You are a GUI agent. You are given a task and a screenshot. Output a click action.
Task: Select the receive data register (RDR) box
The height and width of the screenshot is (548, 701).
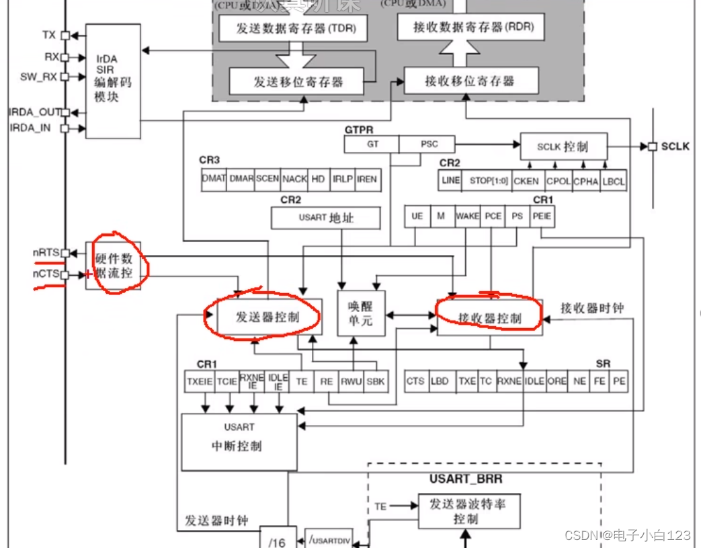pyautogui.click(x=470, y=28)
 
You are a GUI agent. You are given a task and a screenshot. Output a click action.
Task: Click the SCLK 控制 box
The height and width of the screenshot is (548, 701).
pyautogui.click(x=563, y=147)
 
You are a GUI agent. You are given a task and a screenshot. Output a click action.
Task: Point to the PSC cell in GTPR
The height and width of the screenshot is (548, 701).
pyautogui.click(x=427, y=143)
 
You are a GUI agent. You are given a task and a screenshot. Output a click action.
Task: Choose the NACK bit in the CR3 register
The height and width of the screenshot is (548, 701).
pyautogui.click(x=294, y=179)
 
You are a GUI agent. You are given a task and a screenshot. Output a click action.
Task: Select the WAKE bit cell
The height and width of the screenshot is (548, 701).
pyautogui.click(x=467, y=216)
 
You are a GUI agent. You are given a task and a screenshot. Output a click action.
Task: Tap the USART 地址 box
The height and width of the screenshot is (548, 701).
pyautogui.click(x=325, y=217)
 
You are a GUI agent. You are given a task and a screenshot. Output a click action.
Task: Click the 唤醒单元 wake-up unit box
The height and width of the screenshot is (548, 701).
pyautogui.click(x=360, y=312)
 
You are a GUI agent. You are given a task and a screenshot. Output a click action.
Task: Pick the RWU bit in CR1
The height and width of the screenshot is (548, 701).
pyautogui.click(x=351, y=381)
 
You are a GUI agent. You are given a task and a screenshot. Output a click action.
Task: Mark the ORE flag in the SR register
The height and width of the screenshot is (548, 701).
pyautogui.click(x=556, y=381)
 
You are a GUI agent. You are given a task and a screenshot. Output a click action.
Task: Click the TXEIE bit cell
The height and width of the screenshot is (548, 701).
pyautogui.click(x=200, y=381)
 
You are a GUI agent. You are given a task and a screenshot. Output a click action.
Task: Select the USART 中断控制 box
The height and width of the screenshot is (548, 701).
pyautogui.click(x=239, y=442)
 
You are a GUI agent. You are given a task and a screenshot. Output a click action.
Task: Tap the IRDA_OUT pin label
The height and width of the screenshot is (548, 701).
pyautogui.click(x=34, y=112)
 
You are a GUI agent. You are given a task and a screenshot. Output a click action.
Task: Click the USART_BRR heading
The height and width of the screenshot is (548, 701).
pyautogui.click(x=466, y=479)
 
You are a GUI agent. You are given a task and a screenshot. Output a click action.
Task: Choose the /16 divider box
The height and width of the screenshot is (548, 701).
pyautogui.click(x=277, y=540)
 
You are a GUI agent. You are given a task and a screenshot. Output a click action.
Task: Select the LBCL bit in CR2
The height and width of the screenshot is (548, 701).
pyautogui.click(x=613, y=180)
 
